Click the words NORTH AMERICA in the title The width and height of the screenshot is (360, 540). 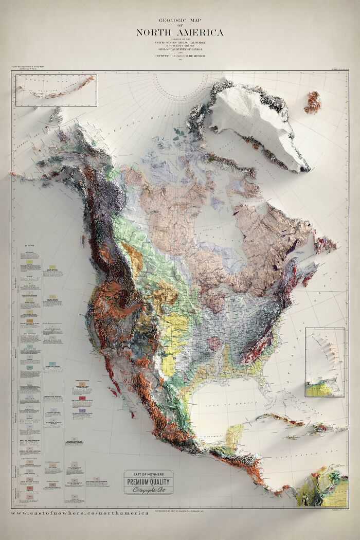pos(179,33)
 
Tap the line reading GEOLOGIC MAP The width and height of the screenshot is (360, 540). pos(180,20)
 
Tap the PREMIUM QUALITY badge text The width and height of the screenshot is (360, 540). pos(148,482)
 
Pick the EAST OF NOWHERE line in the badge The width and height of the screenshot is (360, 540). pos(148,474)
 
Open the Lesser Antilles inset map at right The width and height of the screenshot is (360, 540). pos(325,363)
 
